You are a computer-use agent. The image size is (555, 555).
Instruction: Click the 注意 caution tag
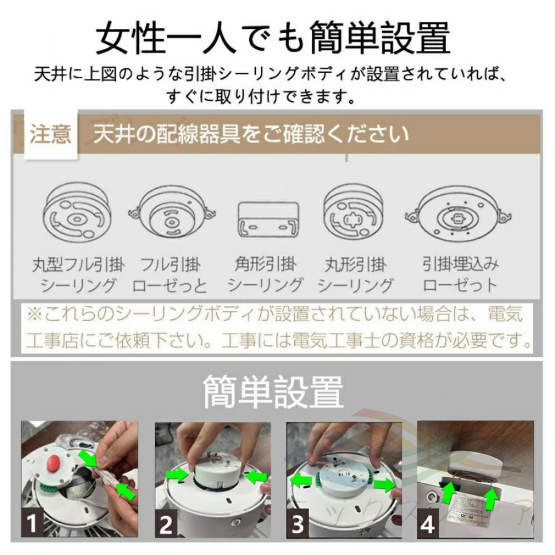click(51, 134)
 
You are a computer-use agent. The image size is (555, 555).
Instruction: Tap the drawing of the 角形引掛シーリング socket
click(268, 219)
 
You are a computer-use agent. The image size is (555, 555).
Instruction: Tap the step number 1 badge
click(32, 523)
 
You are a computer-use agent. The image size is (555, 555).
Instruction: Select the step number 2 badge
click(166, 524)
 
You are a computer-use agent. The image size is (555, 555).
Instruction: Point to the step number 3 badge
click(297, 524)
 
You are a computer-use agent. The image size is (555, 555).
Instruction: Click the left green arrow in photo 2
click(178, 475)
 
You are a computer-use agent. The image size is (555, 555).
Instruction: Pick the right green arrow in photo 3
click(385, 484)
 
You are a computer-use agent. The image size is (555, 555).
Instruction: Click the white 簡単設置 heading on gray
click(273, 392)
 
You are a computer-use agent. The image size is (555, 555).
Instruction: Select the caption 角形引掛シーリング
click(265, 275)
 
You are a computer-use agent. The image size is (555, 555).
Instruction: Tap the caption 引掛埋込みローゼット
click(460, 275)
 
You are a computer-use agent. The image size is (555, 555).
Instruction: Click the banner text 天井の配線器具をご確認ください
click(251, 134)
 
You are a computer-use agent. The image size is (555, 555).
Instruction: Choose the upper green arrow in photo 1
click(88, 458)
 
